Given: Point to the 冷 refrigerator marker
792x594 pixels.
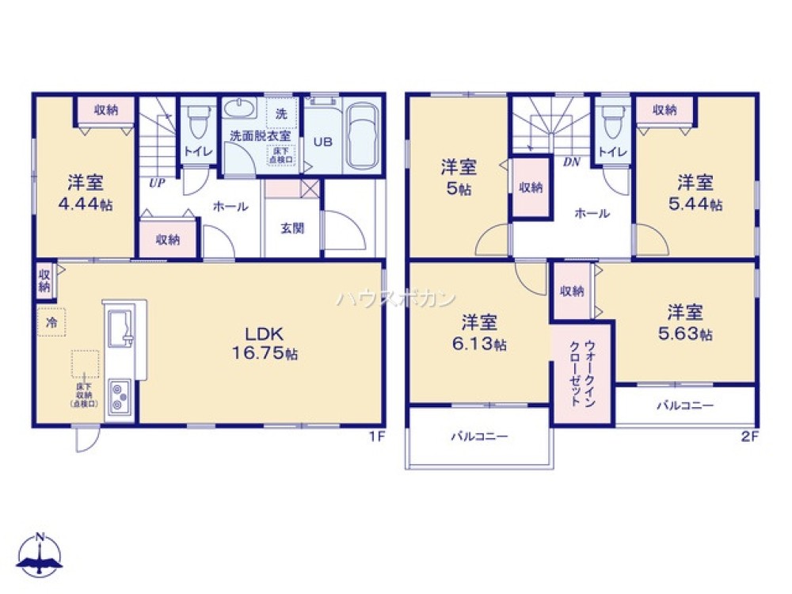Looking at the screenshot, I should point(51,323).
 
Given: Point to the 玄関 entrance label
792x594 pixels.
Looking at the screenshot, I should point(291,228).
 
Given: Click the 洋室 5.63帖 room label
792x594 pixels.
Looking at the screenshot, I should point(684,321).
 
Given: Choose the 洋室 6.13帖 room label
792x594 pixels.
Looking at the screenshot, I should point(480,333).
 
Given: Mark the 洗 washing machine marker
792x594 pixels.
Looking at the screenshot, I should point(281,114).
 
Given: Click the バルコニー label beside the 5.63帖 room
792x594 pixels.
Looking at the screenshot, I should point(684,406).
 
